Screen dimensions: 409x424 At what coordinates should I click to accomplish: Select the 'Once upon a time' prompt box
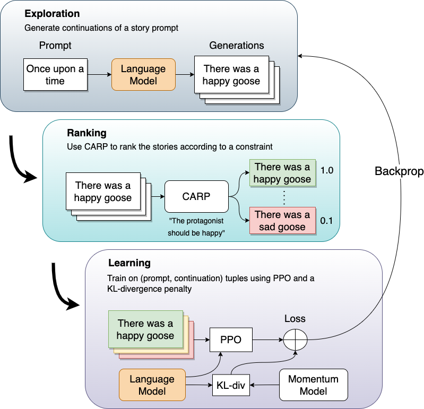point(55,75)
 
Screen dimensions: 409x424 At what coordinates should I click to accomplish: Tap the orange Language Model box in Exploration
point(143,75)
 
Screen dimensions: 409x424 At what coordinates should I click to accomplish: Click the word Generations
point(236,46)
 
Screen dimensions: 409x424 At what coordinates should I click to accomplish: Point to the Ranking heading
point(86,133)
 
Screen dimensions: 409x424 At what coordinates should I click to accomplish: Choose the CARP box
point(196,196)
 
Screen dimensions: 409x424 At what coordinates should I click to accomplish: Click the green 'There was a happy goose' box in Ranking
point(282,173)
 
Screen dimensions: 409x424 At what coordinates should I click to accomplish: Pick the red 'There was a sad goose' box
point(282,221)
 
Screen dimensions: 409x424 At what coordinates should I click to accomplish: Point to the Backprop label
point(399,171)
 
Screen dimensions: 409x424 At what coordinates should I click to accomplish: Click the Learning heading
point(129,263)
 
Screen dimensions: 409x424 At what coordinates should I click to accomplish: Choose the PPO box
point(230,340)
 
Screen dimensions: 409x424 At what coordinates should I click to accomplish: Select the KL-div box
point(230,385)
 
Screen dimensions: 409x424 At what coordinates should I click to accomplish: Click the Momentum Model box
point(313,385)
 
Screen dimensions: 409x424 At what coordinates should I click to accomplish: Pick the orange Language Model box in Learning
point(152,385)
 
